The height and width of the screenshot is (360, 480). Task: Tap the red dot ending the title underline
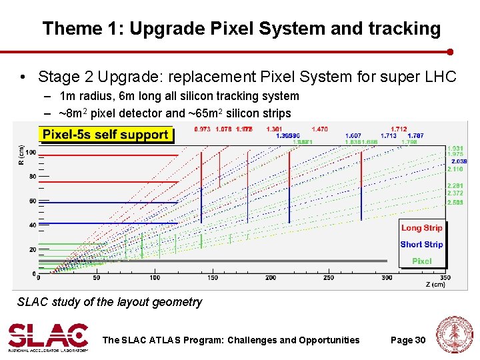[x=450, y=51]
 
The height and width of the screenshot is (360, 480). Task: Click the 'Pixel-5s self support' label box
[x=105, y=135]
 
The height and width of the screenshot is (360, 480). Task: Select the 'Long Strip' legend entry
[x=421, y=228]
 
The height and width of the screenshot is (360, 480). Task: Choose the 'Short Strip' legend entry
[x=421, y=245]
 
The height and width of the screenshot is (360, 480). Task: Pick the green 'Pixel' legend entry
[x=421, y=261]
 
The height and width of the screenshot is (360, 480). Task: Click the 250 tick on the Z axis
[x=329, y=277]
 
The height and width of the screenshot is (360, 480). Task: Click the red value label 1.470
[x=320, y=129]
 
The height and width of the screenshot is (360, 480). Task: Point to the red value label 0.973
[x=202, y=129]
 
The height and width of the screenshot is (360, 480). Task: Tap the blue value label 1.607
[x=353, y=135]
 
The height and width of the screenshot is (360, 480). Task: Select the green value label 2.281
[x=455, y=185]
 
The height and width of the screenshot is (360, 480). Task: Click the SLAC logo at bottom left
[x=48, y=337]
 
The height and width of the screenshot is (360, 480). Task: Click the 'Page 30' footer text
[x=408, y=340]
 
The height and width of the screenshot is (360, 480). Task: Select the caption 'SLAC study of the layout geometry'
[x=109, y=302]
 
